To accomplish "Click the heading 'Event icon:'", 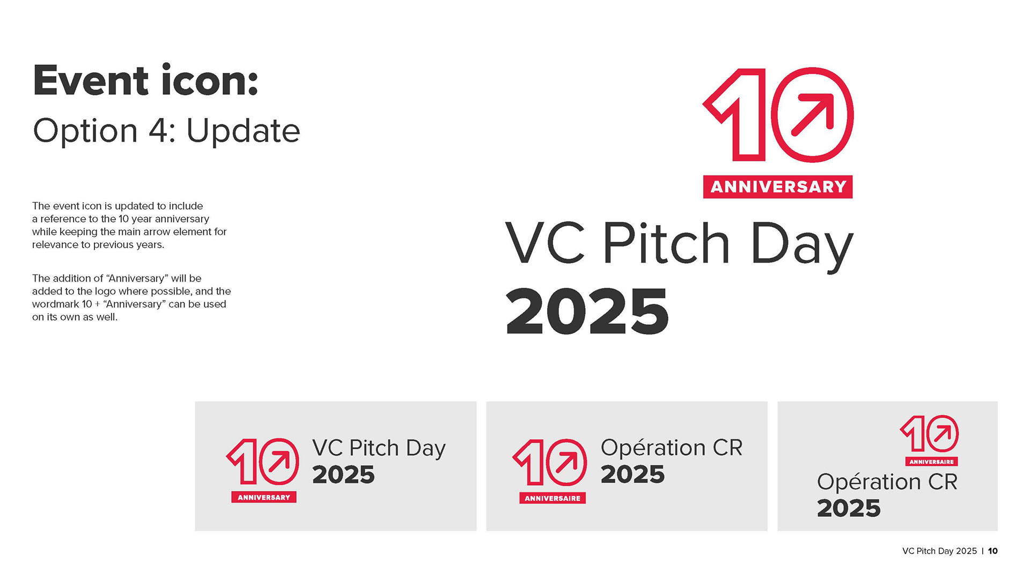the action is click(x=145, y=80).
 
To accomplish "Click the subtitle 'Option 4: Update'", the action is click(x=166, y=131).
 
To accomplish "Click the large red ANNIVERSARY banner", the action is click(x=778, y=187).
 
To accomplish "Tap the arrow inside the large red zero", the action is click(x=813, y=115).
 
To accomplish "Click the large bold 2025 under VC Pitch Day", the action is click(x=587, y=311).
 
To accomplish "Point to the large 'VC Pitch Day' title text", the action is click(x=679, y=245).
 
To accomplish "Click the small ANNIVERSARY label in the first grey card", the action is click(x=264, y=498).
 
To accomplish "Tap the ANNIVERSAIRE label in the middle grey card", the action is click(x=553, y=498).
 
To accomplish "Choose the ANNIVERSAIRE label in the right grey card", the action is click(x=931, y=462).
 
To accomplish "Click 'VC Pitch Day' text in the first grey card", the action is click(x=379, y=449).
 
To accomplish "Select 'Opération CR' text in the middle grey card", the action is click(x=672, y=448).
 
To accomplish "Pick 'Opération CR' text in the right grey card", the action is click(x=887, y=482).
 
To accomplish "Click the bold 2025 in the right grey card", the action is click(x=849, y=508).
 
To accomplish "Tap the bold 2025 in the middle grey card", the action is click(x=632, y=474).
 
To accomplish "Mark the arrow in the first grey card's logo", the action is click(x=279, y=461).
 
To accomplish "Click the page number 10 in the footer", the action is click(x=993, y=551).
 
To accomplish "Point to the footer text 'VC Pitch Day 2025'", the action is click(x=939, y=551).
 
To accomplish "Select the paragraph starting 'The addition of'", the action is click(x=131, y=298).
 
